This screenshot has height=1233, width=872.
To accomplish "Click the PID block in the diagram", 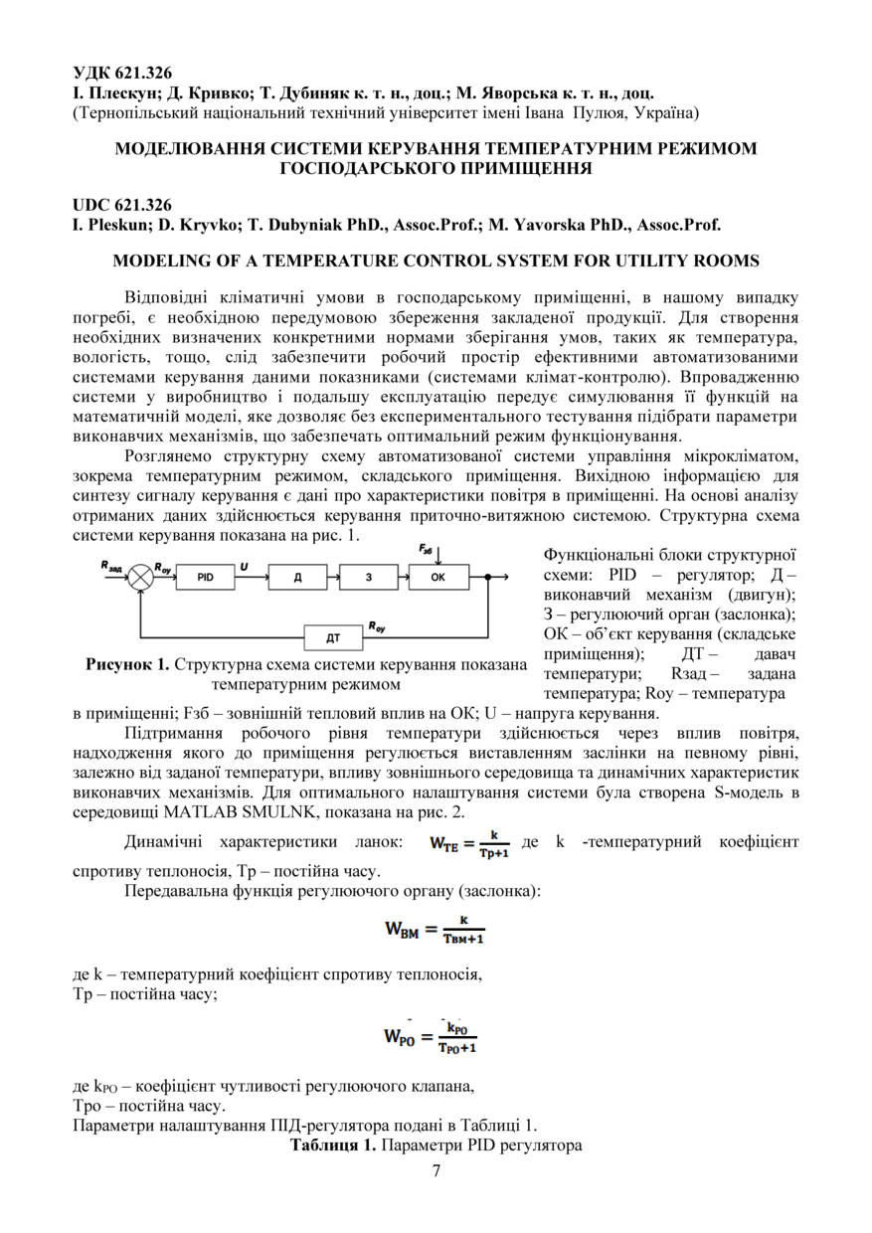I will click(206, 577).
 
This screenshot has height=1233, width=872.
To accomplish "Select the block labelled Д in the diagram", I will click(297, 577).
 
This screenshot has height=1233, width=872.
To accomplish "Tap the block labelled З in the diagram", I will click(369, 577).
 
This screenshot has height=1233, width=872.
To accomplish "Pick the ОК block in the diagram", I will click(439, 577).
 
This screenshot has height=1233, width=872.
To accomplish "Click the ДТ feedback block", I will click(333, 636).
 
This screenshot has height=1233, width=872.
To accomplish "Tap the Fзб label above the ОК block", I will click(427, 549).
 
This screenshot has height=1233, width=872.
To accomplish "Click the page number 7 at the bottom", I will click(436, 1169).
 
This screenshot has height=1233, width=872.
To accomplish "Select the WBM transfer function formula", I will click(435, 932).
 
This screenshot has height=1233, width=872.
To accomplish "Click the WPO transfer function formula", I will click(431, 1036).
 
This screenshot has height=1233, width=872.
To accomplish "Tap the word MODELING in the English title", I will click(164, 261).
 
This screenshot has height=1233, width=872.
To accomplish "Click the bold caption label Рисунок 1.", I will click(127, 665).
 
